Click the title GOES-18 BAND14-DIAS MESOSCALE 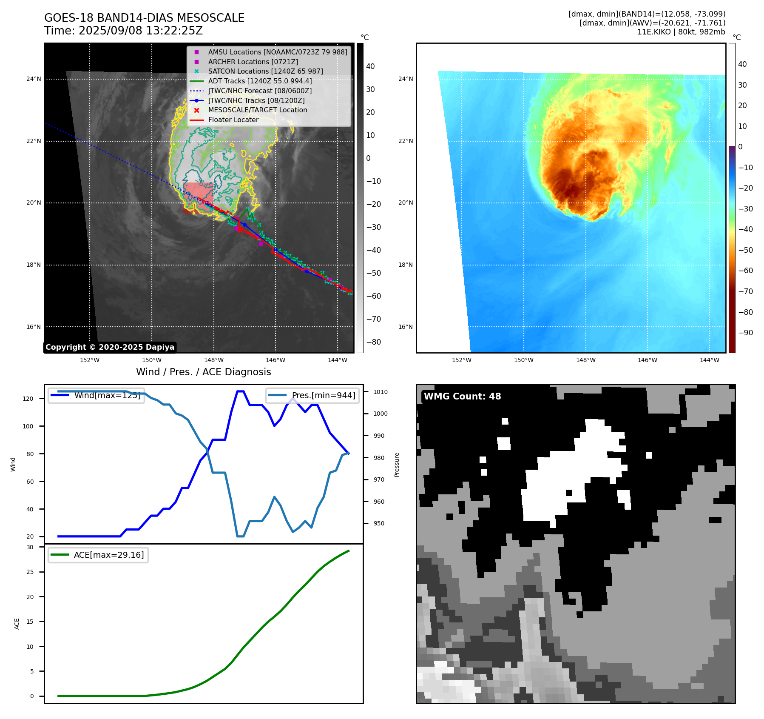(x=144, y=18)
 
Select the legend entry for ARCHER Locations (x=253, y=62)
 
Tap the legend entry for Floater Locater (x=233, y=120)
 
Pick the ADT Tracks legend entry (x=260, y=81)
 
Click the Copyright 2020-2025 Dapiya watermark (x=110, y=347)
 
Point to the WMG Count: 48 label (x=462, y=397)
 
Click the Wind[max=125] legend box (x=96, y=395)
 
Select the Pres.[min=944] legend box (x=312, y=395)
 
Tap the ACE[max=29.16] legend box (x=98, y=555)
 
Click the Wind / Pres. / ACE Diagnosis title (x=203, y=372)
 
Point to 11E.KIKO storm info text (x=681, y=32)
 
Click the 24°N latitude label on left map (x=34, y=79)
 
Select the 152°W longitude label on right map (x=461, y=360)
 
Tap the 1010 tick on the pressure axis (x=381, y=392)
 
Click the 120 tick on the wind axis (x=28, y=399)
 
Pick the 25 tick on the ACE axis (x=30, y=572)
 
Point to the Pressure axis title (x=397, y=465)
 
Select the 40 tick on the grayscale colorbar (x=370, y=66)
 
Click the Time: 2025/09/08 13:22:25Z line (x=123, y=31)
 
